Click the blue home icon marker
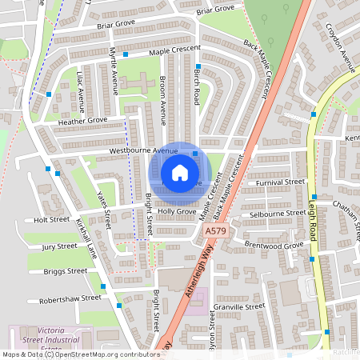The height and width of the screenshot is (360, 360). coord(179,172)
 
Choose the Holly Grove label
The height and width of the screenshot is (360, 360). coord(182,212)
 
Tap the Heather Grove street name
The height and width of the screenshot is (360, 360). coord(82,120)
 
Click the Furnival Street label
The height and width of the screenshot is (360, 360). coord(281,182)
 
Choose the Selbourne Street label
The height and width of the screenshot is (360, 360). coord(278,214)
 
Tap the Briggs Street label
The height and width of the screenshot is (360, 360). coord(65,271)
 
